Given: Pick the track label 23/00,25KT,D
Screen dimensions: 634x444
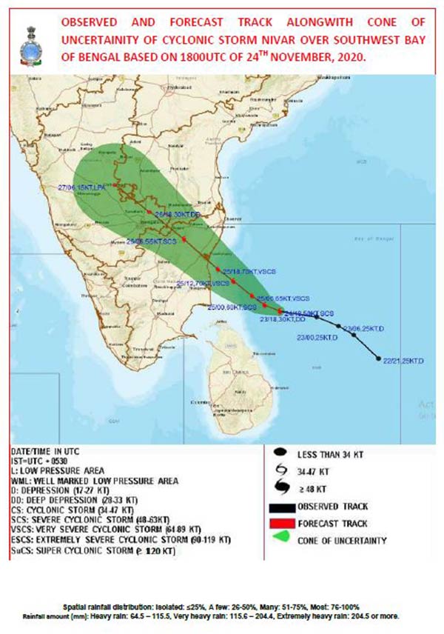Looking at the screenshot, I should (x=317, y=338).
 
